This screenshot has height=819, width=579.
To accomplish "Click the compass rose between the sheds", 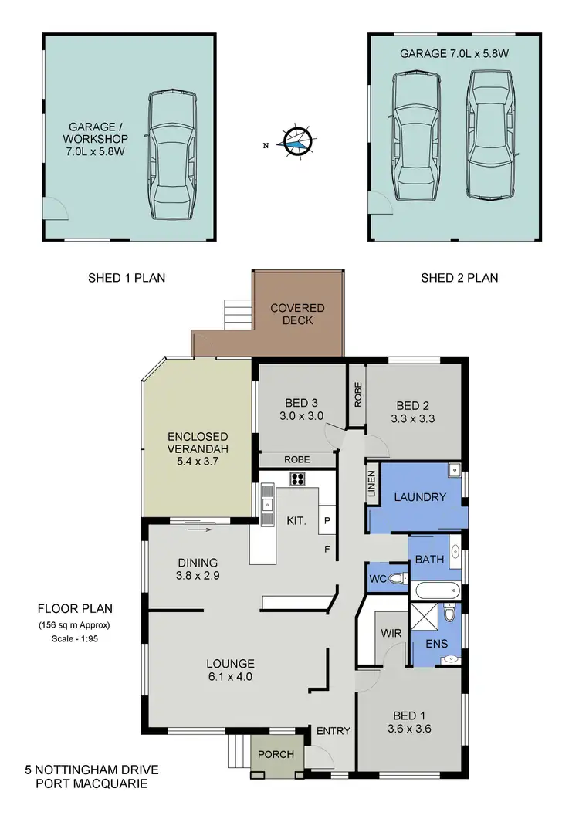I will point(296,142).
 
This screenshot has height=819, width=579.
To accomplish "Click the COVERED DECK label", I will point(297,314).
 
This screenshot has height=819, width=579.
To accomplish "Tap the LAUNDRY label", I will point(420,497).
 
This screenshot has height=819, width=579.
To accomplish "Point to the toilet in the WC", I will point(396,579).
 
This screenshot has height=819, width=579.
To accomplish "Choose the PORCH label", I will point(276,753).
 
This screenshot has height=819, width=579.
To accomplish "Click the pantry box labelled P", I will point(327,521).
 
